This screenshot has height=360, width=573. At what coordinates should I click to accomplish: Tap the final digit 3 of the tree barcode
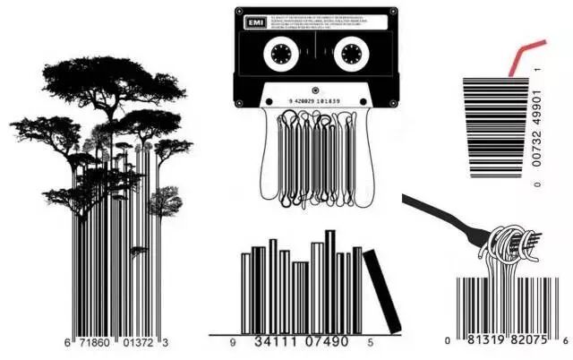[x=165, y=343]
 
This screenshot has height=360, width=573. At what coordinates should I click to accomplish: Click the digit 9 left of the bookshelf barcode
[x=232, y=342]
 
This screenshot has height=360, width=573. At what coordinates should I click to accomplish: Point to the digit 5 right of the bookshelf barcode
[x=370, y=342]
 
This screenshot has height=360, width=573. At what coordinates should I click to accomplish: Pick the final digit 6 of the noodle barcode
[x=566, y=341]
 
